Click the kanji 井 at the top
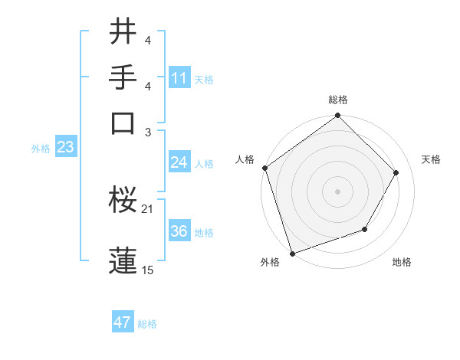(x=123, y=34)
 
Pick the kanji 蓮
(x=123, y=261)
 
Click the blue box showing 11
(x=179, y=78)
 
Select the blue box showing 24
(x=179, y=162)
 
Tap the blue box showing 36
(x=179, y=232)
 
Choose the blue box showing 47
(x=123, y=322)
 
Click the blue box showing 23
(x=65, y=148)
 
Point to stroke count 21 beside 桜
(x=147, y=208)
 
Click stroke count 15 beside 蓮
(x=147, y=270)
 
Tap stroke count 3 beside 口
(x=147, y=132)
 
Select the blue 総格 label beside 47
(x=147, y=324)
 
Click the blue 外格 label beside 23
(x=41, y=149)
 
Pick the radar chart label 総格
(x=337, y=100)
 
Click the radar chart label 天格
(x=431, y=159)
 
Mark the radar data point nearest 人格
(x=265, y=168)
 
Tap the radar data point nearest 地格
(x=365, y=229)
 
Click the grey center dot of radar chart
(x=337, y=191)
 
